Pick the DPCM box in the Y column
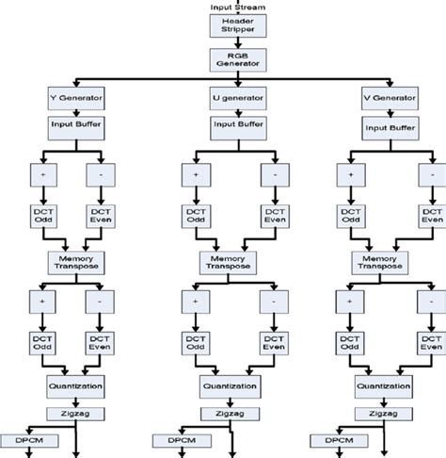tap(28, 439)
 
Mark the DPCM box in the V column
tap(340, 439)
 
